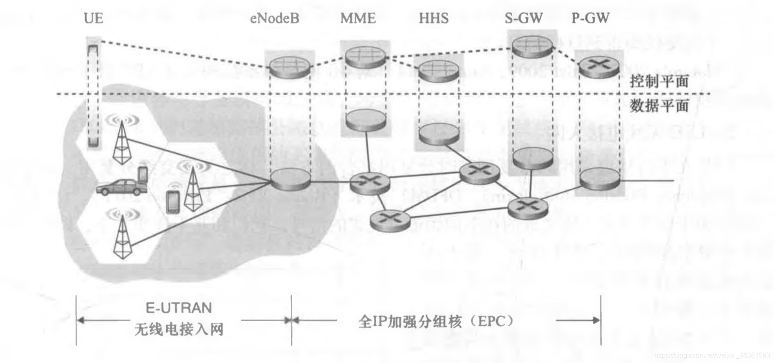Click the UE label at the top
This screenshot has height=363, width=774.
coord(93,18)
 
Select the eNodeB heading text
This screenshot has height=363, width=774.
coord(274,18)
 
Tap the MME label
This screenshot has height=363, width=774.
coord(358,18)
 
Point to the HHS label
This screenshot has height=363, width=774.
coord(433,18)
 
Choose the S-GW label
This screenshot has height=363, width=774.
coord(524,18)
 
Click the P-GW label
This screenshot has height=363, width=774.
coord(590,18)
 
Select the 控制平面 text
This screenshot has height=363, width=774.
coord(659,81)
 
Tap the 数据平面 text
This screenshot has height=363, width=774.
coord(659,105)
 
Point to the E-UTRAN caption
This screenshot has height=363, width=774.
coord(179,308)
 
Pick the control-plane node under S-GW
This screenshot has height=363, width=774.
coord(532,46)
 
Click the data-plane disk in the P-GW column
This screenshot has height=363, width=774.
coord(599,179)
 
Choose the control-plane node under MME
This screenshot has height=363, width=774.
coord(365,57)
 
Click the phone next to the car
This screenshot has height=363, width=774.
coord(143,174)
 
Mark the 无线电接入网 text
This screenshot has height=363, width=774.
coord(179,329)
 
